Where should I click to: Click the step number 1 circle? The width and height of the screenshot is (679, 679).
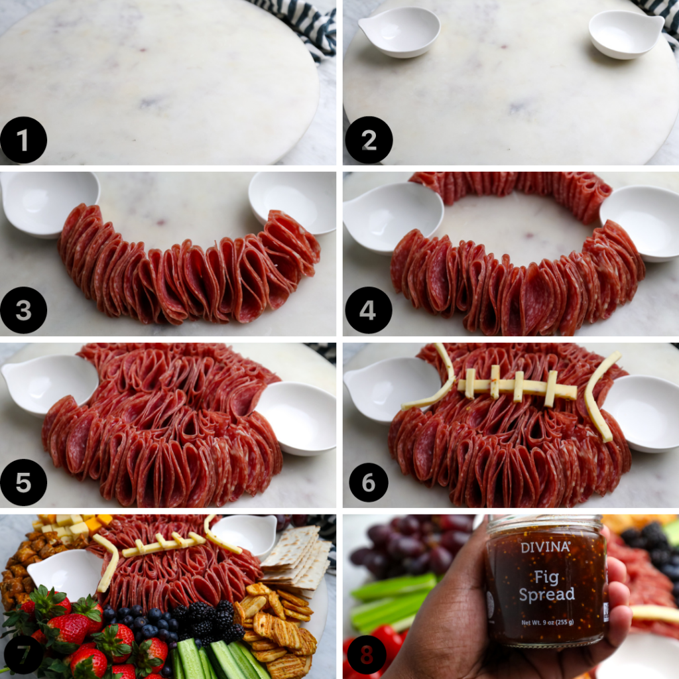coord(24,140)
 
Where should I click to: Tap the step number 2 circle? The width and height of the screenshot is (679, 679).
coord(369,140)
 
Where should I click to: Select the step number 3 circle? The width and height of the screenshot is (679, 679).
coord(24,310)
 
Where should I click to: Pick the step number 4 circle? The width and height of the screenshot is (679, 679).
coord(369,310)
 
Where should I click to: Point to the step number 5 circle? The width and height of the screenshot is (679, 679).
coord(24,482)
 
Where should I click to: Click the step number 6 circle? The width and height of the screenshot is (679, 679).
coord(369,482)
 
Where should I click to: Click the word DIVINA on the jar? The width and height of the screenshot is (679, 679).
coord(545,548)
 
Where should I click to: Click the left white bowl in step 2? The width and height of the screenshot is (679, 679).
coord(399,31)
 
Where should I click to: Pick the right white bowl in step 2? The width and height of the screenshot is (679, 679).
coord(625,33)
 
